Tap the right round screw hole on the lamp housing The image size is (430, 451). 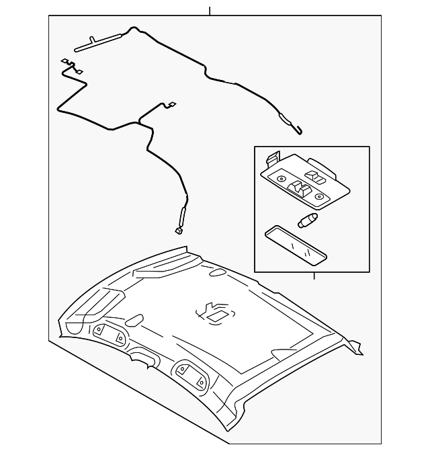click(320, 197)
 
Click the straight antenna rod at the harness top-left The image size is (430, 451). click(99, 42)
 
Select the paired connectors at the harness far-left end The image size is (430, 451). click(70, 65)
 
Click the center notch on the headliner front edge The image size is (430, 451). click(142, 357)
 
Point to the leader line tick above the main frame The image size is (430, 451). click(210, 11)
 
